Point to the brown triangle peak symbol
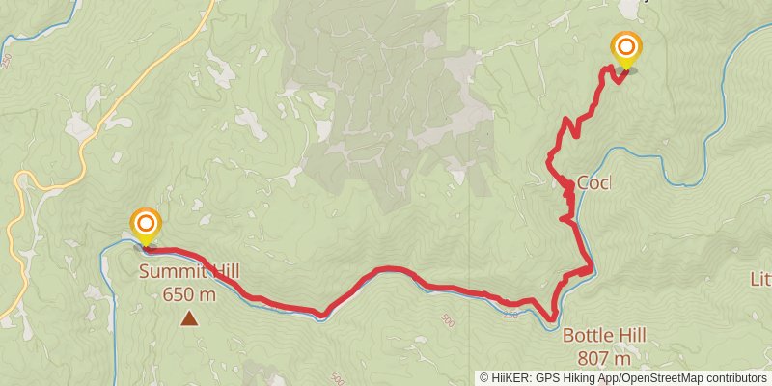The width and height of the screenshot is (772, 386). pyautogui.click(x=191, y=317)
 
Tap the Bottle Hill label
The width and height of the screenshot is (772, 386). pyautogui.click(x=605, y=336)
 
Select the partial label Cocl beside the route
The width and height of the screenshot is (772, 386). pyautogui.click(x=594, y=183)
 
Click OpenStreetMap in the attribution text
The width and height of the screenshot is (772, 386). pyautogui.click(x=665, y=378)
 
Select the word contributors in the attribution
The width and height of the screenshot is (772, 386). pyautogui.click(x=735, y=378)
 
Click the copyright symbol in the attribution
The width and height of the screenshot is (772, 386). pyautogui.click(x=483, y=378)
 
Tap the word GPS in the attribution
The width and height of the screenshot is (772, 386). pyautogui.click(x=546, y=378)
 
